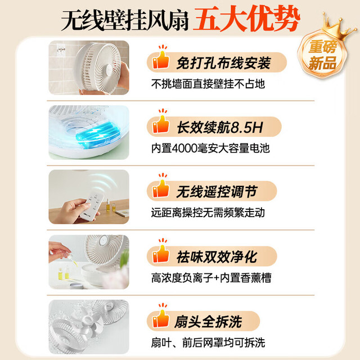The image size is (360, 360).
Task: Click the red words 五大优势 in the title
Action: [x=246, y=19]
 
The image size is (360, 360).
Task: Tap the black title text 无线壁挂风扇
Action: [x=125, y=21]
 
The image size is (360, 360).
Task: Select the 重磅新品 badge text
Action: [x=322, y=55]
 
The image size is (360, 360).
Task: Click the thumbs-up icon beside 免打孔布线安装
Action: [x=161, y=57]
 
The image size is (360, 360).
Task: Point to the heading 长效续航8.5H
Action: [x=220, y=127]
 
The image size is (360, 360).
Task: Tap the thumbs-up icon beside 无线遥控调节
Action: [x=161, y=186]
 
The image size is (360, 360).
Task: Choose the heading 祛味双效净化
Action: [x=217, y=256]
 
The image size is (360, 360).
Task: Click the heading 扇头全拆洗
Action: [x=208, y=322]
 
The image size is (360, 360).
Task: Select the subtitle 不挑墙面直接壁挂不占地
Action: [x=208, y=84]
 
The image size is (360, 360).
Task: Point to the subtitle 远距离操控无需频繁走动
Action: [x=208, y=213]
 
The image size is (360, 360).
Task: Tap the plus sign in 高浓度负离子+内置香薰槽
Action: [x=216, y=278]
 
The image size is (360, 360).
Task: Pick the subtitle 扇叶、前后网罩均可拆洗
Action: [x=208, y=343]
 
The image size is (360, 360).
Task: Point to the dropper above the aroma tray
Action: [x=73, y=259]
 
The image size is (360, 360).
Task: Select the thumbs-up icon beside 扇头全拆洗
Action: [x=161, y=316]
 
